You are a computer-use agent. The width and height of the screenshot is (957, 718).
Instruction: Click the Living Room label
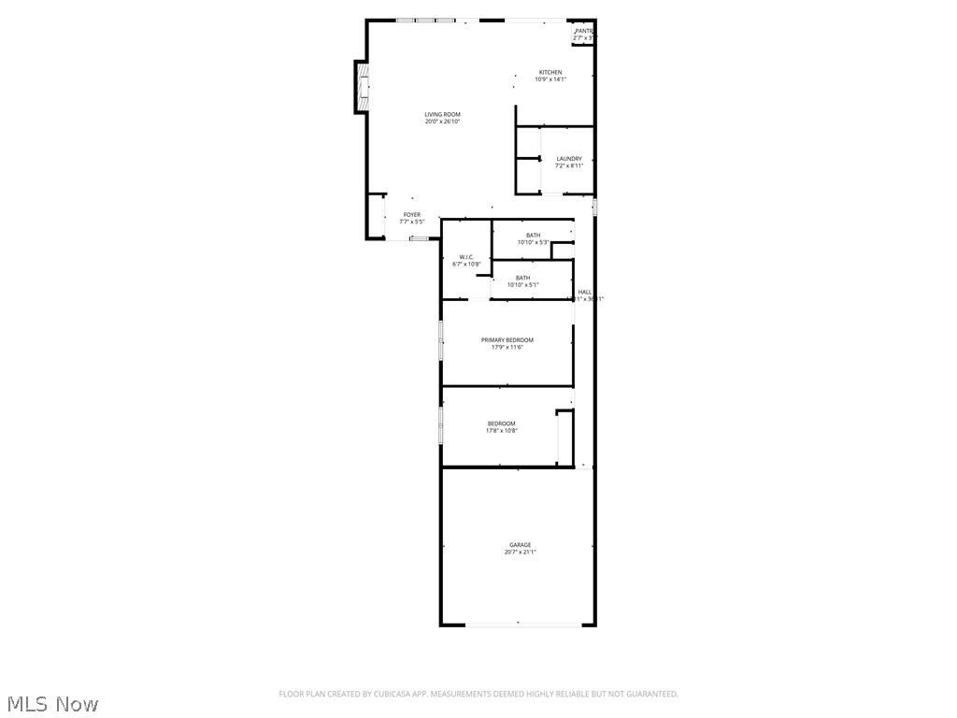point(443,115)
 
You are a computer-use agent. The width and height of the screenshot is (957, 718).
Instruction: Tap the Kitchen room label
point(550,73)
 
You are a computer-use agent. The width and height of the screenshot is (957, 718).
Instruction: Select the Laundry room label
point(569,159)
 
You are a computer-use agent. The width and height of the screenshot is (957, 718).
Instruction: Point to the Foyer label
point(412,215)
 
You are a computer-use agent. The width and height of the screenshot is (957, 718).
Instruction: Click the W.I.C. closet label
point(466,257)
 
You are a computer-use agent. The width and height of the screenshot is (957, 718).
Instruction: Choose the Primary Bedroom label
point(507,340)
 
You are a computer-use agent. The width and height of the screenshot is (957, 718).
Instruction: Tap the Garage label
point(520,545)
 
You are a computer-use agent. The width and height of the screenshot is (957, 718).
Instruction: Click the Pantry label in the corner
point(584,31)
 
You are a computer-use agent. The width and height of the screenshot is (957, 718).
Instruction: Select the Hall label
point(585,293)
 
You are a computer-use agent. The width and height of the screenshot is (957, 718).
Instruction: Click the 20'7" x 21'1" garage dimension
point(520,553)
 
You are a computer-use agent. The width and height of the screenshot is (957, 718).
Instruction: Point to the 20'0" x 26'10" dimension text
point(443,122)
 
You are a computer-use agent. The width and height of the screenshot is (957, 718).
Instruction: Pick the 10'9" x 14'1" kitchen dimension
point(550,79)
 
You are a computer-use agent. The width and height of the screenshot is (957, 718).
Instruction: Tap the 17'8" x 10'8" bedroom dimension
point(501,431)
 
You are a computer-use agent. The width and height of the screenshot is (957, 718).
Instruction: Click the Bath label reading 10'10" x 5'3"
point(533,236)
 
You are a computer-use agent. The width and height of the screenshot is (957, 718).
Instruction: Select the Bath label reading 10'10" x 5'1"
point(522,278)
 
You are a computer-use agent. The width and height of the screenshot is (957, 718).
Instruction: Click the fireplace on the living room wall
point(361,86)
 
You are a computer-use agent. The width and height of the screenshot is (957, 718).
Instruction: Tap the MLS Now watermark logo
point(52,703)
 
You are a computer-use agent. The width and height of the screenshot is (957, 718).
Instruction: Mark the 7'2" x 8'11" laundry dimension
point(569,166)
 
